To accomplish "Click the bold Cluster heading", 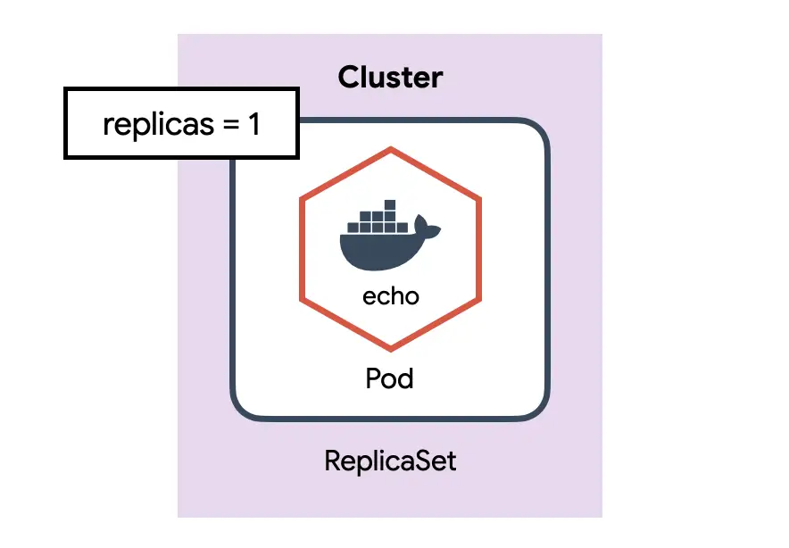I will click(390, 78).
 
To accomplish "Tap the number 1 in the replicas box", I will click(253, 124).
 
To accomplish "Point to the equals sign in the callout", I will click(229, 125).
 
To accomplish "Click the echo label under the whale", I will click(390, 295).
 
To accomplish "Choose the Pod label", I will click(390, 379).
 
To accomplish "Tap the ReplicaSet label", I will click(390, 461).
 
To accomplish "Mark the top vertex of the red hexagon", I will click(390, 147).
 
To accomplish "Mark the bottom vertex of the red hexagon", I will click(390, 348).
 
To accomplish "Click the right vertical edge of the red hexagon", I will click(478, 248).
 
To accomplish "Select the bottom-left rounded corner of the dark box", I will click(245, 406).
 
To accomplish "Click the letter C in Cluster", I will click(349, 78).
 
